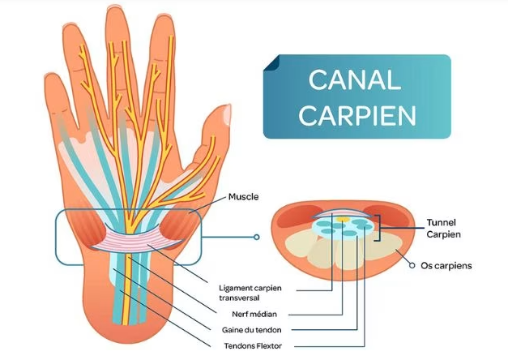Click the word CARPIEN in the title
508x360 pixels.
(x=356, y=114)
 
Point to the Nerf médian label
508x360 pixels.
(x=243, y=314)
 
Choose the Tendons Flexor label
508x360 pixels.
(x=249, y=346)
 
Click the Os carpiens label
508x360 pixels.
(x=446, y=265)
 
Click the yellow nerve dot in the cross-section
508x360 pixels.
(x=344, y=220)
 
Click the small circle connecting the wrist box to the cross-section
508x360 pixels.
(x=257, y=238)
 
